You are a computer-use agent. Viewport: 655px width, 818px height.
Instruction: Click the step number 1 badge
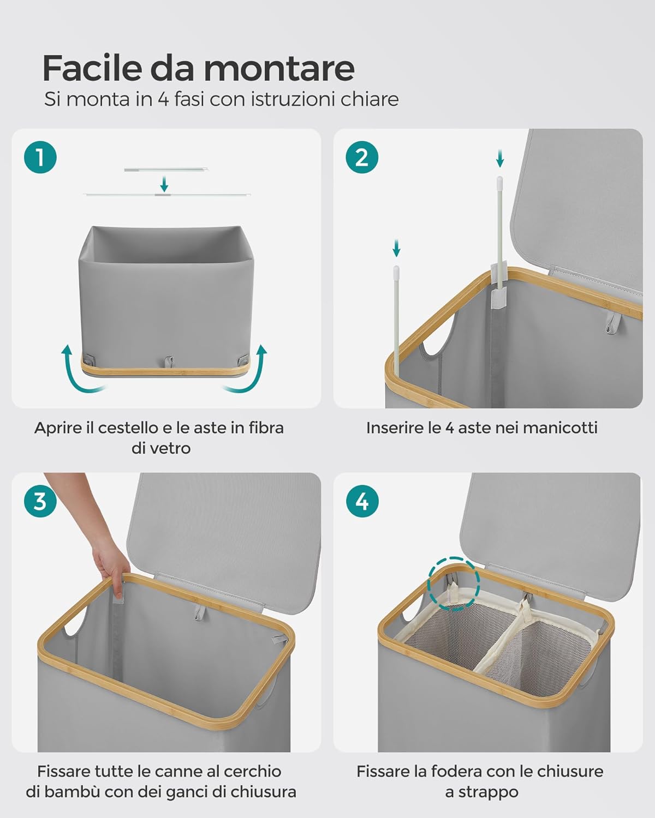pyautogui.click(x=40, y=158)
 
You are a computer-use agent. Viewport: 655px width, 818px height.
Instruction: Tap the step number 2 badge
pyautogui.click(x=362, y=158)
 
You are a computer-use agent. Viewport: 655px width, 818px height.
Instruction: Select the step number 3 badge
pyautogui.click(x=40, y=501)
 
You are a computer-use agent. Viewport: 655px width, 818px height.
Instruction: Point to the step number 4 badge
pyautogui.click(x=362, y=501)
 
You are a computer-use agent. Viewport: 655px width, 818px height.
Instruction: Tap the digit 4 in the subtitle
pyautogui.click(x=163, y=100)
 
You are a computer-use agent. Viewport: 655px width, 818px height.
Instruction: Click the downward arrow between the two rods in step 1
pyautogui.click(x=164, y=184)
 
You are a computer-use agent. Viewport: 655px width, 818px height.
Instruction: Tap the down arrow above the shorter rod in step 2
pyautogui.click(x=396, y=248)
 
